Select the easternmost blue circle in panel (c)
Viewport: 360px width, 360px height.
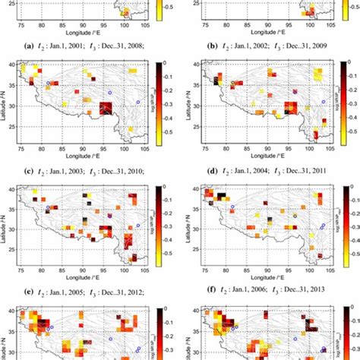pos(138,102)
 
